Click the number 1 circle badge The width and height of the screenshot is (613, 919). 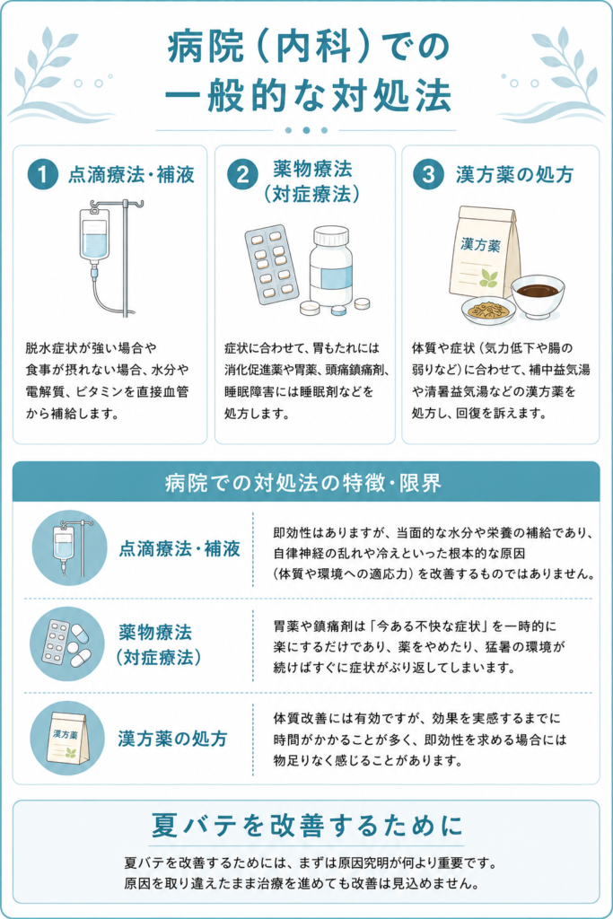coord(43,175)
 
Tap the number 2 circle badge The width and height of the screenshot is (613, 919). coord(242,175)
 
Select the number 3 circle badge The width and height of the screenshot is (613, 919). coord(428,175)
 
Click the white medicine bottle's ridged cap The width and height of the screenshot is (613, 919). coord(331,237)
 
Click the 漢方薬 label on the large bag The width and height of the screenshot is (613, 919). coord(480,244)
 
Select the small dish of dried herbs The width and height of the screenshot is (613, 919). coord(488,310)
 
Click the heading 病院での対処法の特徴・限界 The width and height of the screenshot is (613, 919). coord(303,484)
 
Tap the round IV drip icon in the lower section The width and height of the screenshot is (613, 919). coord(70,548)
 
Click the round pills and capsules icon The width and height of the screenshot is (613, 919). coord(67,643)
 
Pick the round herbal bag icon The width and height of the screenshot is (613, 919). coord(67,738)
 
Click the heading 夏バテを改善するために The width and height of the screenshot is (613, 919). coord(307,826)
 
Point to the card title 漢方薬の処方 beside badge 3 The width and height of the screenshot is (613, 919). coord(514,175)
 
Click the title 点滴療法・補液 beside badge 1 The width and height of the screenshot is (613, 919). coord(131,175)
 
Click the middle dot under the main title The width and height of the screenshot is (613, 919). coord(306,130)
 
